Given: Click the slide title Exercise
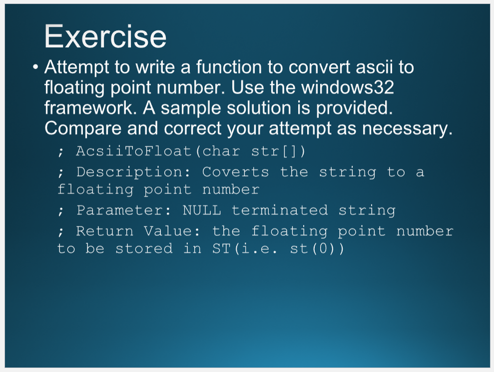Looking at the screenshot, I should tap(105, 36).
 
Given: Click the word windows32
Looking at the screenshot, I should tap(348, 88).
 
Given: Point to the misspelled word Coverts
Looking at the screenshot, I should tap(235, 172).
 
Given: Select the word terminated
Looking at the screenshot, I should tap(279, 210).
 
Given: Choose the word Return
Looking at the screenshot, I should tap(105, 231).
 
